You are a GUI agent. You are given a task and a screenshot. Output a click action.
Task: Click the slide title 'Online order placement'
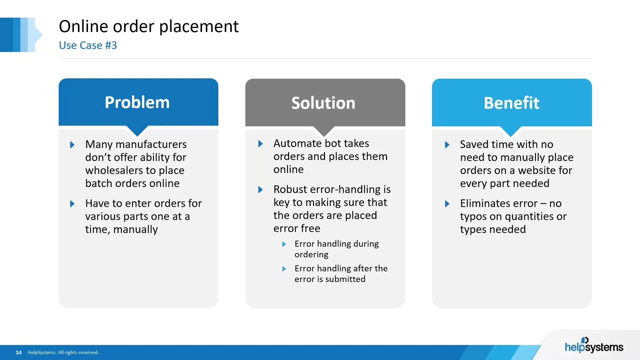click(x=149, y=26)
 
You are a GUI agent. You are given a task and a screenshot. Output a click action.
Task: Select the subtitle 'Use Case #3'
click(x=88, y=45)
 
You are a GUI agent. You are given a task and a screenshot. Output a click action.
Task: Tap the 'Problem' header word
click(x=137, y=102)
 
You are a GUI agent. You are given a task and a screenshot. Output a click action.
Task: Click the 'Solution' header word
click(x=323, y=103)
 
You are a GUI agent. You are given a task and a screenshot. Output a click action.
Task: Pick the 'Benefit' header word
click(x=511, y=103)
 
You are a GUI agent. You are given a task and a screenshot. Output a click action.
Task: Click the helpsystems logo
click(x=594, y=346)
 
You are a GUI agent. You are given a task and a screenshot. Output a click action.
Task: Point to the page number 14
click(x=19, y=352)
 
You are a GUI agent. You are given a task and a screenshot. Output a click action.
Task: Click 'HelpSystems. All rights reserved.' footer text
click(x=63, y=352)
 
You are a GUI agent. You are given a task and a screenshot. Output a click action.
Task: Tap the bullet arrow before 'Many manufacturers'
click(x=72, y=145)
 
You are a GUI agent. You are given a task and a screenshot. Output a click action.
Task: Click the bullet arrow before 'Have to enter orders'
click(x=72, y=204)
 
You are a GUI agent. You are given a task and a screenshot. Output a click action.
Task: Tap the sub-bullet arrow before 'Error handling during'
click(x=284, y=244)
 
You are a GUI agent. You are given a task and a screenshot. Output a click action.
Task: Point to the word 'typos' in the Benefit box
click(x=473, y=217)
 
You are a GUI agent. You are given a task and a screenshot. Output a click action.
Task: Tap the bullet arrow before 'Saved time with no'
click(x=447, y=145)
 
